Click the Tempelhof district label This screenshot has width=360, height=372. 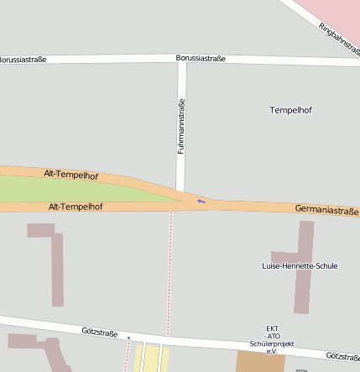[290, 110]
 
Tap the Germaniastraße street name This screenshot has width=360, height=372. [326, 209]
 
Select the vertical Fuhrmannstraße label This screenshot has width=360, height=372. [180, 126]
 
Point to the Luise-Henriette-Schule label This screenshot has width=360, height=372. [300, 265]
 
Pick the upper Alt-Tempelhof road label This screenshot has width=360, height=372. [71, 175]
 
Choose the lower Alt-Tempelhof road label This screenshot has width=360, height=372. [76, 206]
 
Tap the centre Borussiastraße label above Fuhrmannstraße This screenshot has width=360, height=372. [201, 58]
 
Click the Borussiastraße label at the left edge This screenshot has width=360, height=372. [22, 60]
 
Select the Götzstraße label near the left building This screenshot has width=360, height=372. [100, 333]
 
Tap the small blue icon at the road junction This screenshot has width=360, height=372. [200, 201]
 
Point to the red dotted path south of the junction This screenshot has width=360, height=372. [170, 269]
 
